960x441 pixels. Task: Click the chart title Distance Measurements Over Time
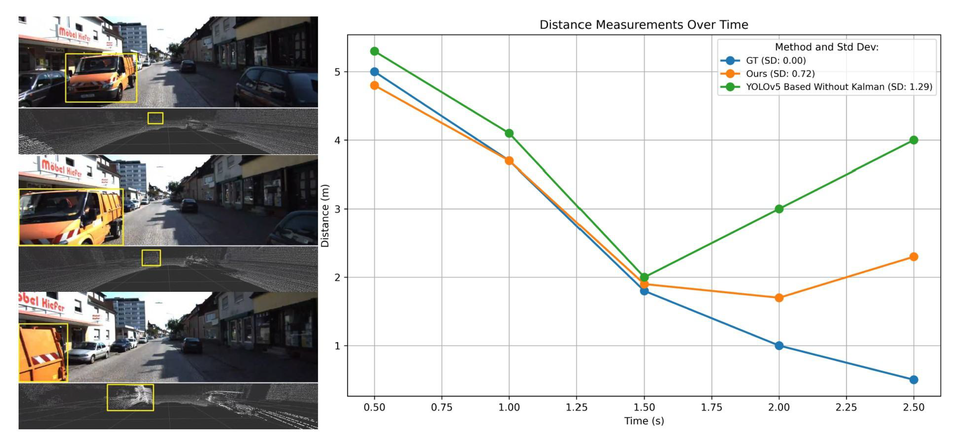[x=644, y=25]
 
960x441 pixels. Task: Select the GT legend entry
[x=775, y=60]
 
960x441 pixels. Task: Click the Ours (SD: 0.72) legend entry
[x=780, y=74]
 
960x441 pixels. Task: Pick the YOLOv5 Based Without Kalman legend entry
[x=839, y=87]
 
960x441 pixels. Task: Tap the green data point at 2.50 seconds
[x=913, y=140]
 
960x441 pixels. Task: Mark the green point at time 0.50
[x=375, y=51]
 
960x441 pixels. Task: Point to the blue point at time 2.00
[x=779, y=346]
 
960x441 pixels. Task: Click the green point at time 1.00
[x=509, y=133]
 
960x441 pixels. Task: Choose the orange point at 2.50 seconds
[x=913, y=257]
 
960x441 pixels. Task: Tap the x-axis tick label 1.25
[x=577, y=407]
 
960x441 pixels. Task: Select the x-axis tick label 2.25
[x=846, y=407]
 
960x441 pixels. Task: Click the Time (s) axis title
[x=644, y=421]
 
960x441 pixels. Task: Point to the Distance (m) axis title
[x=325, y=215]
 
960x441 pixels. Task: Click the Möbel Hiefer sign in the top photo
[x=74, y=34]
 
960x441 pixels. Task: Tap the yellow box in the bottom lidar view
[x=130, y=398]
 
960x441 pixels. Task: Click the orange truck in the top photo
[x=101, y=78]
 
